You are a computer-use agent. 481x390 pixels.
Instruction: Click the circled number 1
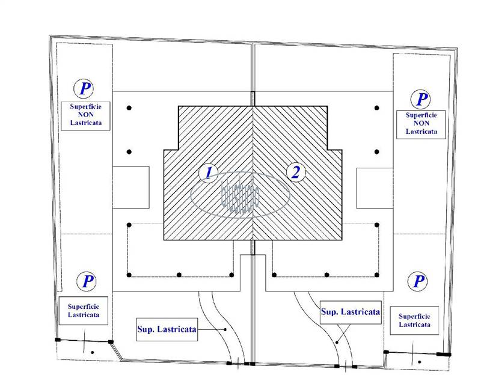pos(208,173)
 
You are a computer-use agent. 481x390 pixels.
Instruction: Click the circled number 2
pos(295,173)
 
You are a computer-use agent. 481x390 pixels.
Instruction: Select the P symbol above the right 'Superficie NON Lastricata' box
pos(423,99)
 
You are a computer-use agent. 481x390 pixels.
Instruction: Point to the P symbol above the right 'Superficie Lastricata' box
pos(418,281)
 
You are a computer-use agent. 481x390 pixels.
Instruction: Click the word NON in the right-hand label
pos(420,122)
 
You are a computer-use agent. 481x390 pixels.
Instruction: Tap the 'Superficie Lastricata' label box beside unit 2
pos(415,320)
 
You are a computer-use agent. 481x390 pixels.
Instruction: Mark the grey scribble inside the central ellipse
pos(240,195)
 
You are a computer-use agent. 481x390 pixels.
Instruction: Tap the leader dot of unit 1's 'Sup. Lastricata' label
pos(224,329)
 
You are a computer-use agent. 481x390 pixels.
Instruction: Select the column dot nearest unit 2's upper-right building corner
pos(377,108)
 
